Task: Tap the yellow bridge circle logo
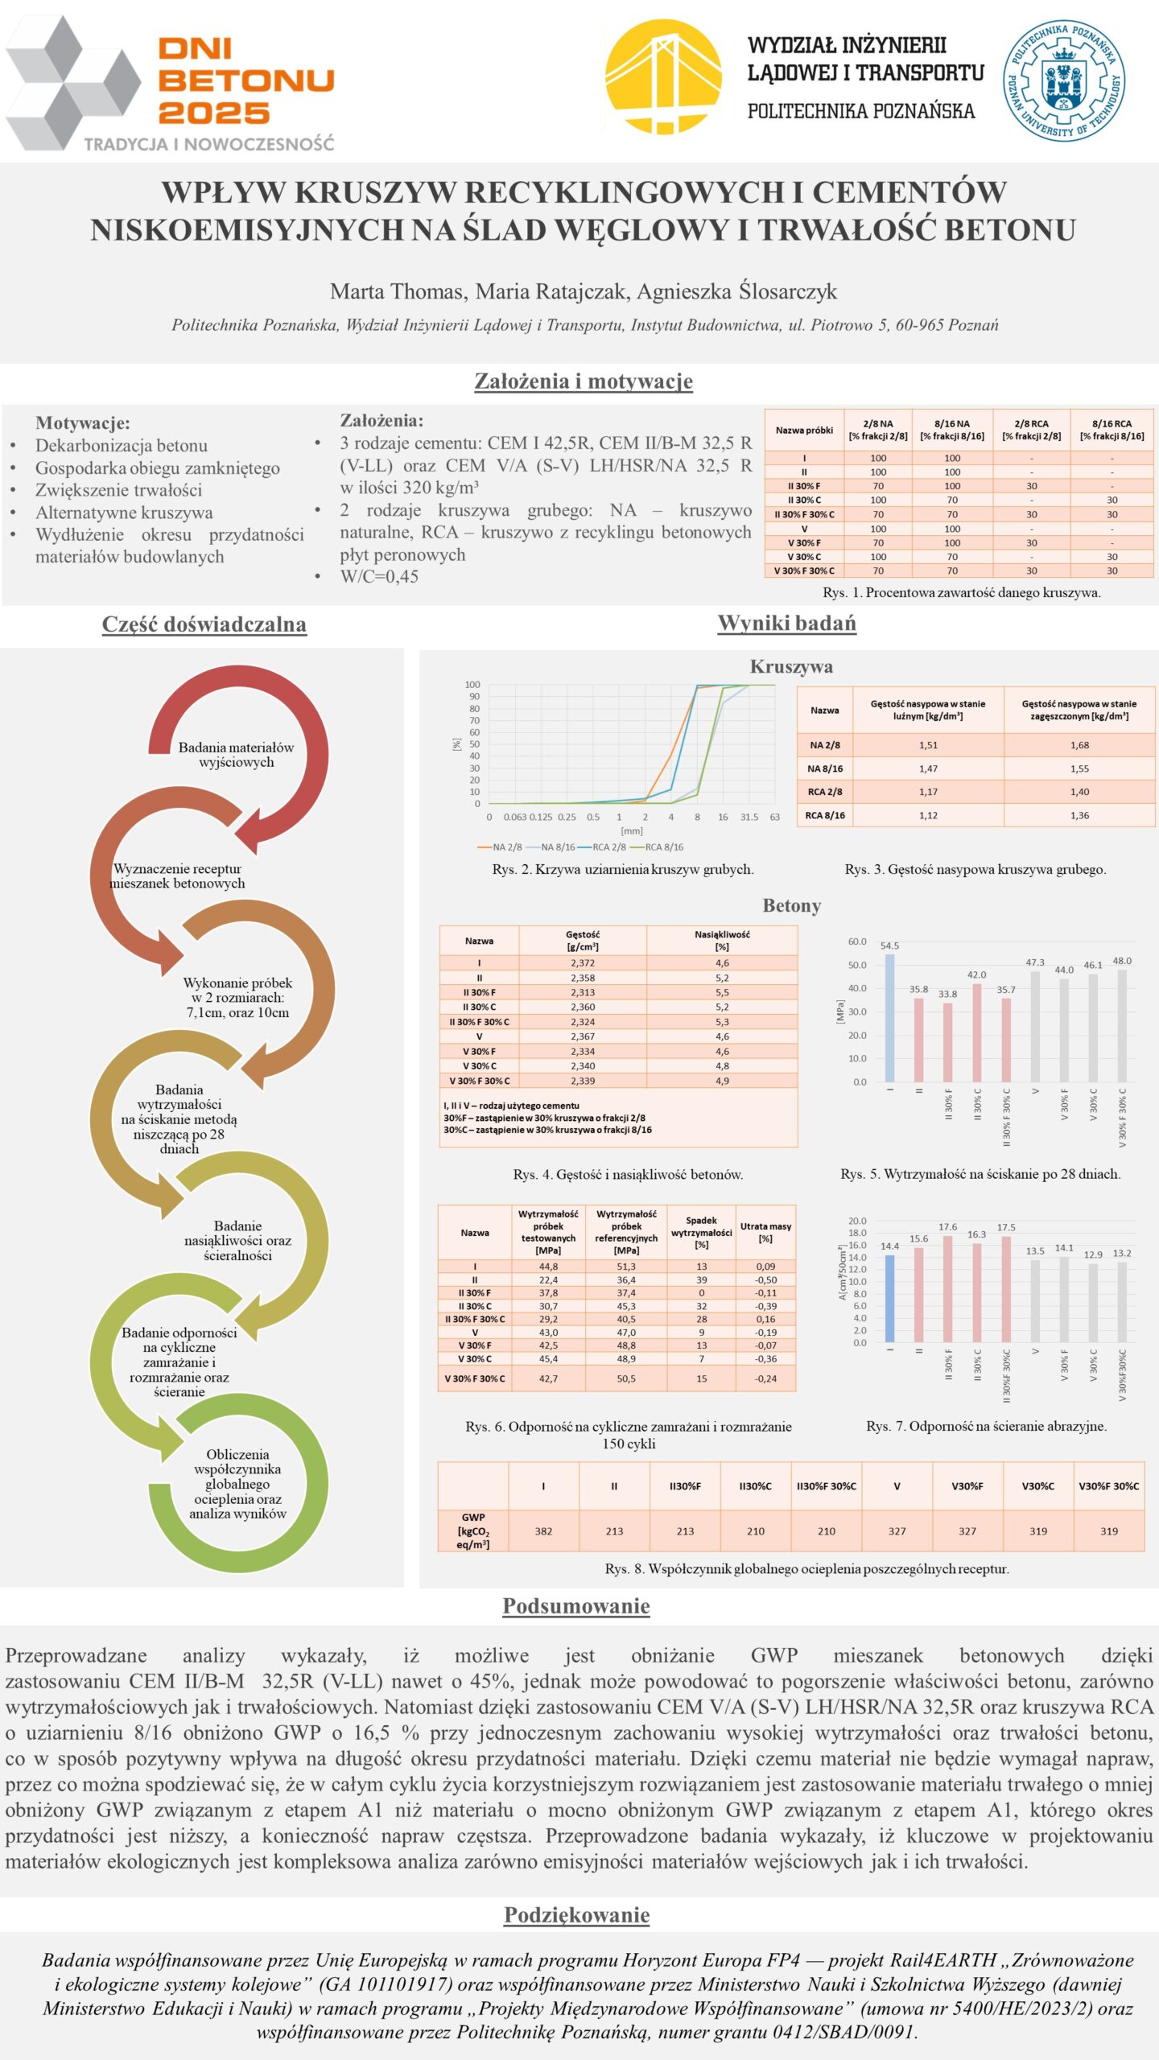tap(662, 76)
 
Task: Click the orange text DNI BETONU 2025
tap(245, 80)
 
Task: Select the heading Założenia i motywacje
tap(584, 381)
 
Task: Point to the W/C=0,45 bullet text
tap(379, 576)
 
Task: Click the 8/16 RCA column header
tap(1112, 430)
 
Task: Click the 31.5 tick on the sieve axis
tap(749, 817)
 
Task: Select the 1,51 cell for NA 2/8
tap(928, 745)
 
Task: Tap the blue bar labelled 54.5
tap(889, 1018)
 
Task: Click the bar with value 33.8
tap(948, 1042)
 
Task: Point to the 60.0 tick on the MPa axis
tap(857, 941)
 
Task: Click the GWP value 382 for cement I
tap(543, 1531)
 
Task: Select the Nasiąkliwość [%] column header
tap(722, 941)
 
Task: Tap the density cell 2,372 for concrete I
tap(583, 963)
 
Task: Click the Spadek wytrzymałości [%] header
tap(701, 1232)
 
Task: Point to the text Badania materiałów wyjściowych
tap(236, 755)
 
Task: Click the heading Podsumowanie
tap(576, 1606)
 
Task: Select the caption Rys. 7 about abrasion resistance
tap(986, 1426)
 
